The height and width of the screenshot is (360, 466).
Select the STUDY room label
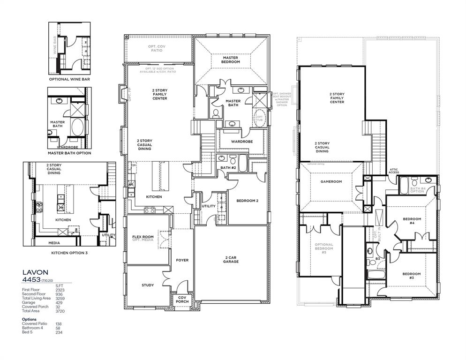[148, 285]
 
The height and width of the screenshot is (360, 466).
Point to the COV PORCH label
[182, 300]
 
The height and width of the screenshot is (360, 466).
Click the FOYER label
[182, 260]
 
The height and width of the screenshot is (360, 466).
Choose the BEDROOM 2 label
[248, 201]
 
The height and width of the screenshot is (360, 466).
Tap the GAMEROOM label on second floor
[331, 181]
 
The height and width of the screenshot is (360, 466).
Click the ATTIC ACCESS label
[394, 171]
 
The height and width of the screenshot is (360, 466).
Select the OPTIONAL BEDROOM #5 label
[323, 248]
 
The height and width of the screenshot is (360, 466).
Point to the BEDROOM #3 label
[412, 276]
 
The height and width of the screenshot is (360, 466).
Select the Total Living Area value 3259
[60, 298]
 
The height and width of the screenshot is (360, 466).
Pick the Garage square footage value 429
[60, 302]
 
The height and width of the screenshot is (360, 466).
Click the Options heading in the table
[29, 319]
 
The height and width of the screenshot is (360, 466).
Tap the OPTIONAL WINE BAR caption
[69, 79]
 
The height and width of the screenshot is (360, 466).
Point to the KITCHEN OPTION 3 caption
[69, 253]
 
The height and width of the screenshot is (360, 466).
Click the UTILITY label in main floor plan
[208, 206]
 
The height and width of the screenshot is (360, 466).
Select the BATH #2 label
[228, 167]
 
